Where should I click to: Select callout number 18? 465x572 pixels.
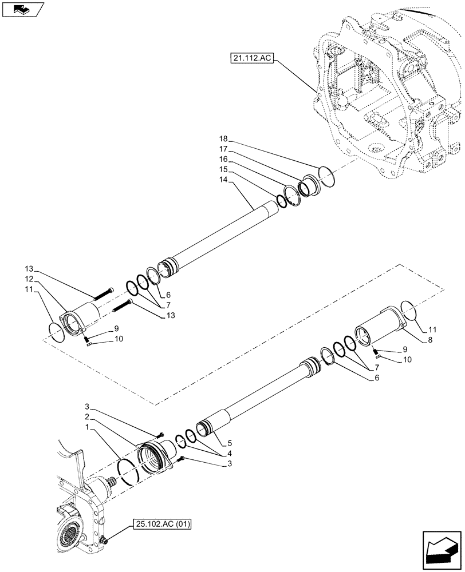point(223,139)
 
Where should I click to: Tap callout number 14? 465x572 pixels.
point(223,179)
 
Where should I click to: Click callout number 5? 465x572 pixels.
point(229,442)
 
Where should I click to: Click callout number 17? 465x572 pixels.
point(223,149)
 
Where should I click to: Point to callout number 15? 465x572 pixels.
point(223,169)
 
